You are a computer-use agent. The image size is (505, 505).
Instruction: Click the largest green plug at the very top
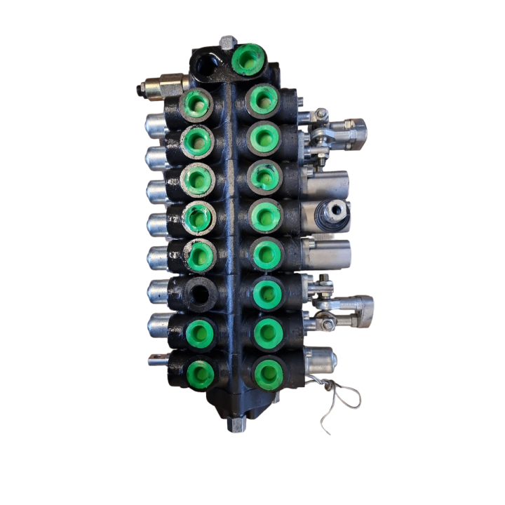click(x=248, y=59)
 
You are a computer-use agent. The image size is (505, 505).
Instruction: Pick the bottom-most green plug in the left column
click(x=201, y=373)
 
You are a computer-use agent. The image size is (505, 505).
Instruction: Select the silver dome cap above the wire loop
click(x=320, y=360)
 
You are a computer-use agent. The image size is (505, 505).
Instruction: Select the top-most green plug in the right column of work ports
click(x=264, y=100)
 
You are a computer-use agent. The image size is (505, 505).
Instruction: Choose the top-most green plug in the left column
click(x=196, y=105)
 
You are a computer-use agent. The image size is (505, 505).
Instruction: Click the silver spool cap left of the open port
click(x=157, y=290)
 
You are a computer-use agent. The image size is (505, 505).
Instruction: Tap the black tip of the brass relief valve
click(x=141, y=89)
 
